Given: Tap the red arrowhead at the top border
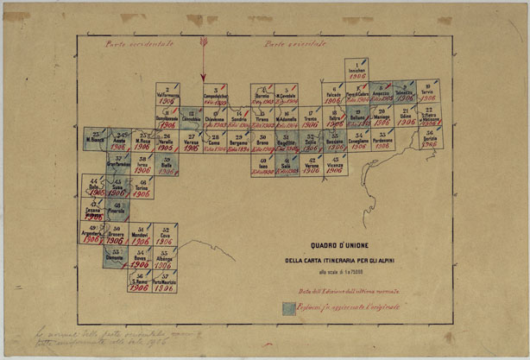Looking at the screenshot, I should (x=203, y=41).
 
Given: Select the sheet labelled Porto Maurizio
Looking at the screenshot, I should (x=164, y=283).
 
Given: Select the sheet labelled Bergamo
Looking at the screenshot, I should (x=239, y=141).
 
